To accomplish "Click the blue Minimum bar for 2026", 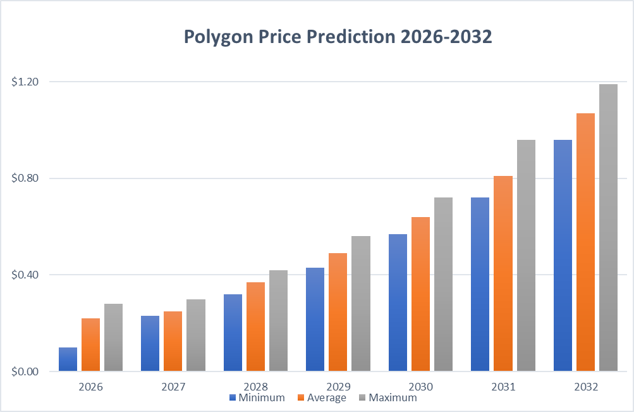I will (x=68, y=359).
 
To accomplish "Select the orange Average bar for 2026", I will (x=91, y=344).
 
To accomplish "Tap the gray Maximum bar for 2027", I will (x=196, y=335).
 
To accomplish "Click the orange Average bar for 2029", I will (x=338, y=312).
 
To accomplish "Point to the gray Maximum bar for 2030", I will (x=443, y=284).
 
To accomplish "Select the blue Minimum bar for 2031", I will (x=480, y=284).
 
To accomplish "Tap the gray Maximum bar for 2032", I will (x=608, y=227).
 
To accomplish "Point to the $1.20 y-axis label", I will (x=25, y=82).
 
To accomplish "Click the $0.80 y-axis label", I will (x=25, y=178).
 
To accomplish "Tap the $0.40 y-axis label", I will (x=25, y=275).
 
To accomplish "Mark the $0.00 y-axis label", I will (x=25, y=371).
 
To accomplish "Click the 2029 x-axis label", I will (x=338, y=386).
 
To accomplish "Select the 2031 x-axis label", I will (x=503, y=386).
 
